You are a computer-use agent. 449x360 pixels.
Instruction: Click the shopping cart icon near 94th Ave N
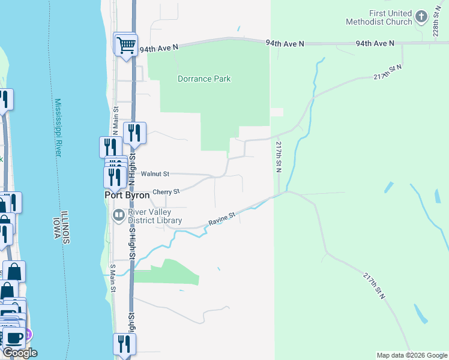(126, 44)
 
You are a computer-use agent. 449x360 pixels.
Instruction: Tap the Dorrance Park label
(204, 79)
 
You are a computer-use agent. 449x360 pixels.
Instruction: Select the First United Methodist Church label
(379, 17)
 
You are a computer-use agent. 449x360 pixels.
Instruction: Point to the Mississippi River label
(58, 128)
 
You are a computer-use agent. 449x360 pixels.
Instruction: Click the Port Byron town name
(127, 196)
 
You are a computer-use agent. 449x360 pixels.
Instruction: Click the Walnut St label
(155, 173)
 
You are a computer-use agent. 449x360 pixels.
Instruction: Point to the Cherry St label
(166, 192)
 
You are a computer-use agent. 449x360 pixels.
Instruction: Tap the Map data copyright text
(412, 355)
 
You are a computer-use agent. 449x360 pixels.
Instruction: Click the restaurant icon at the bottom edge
(125, 344)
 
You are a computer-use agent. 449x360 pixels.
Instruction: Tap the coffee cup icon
(14, 336)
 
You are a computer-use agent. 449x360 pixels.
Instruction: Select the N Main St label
(115, 121)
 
